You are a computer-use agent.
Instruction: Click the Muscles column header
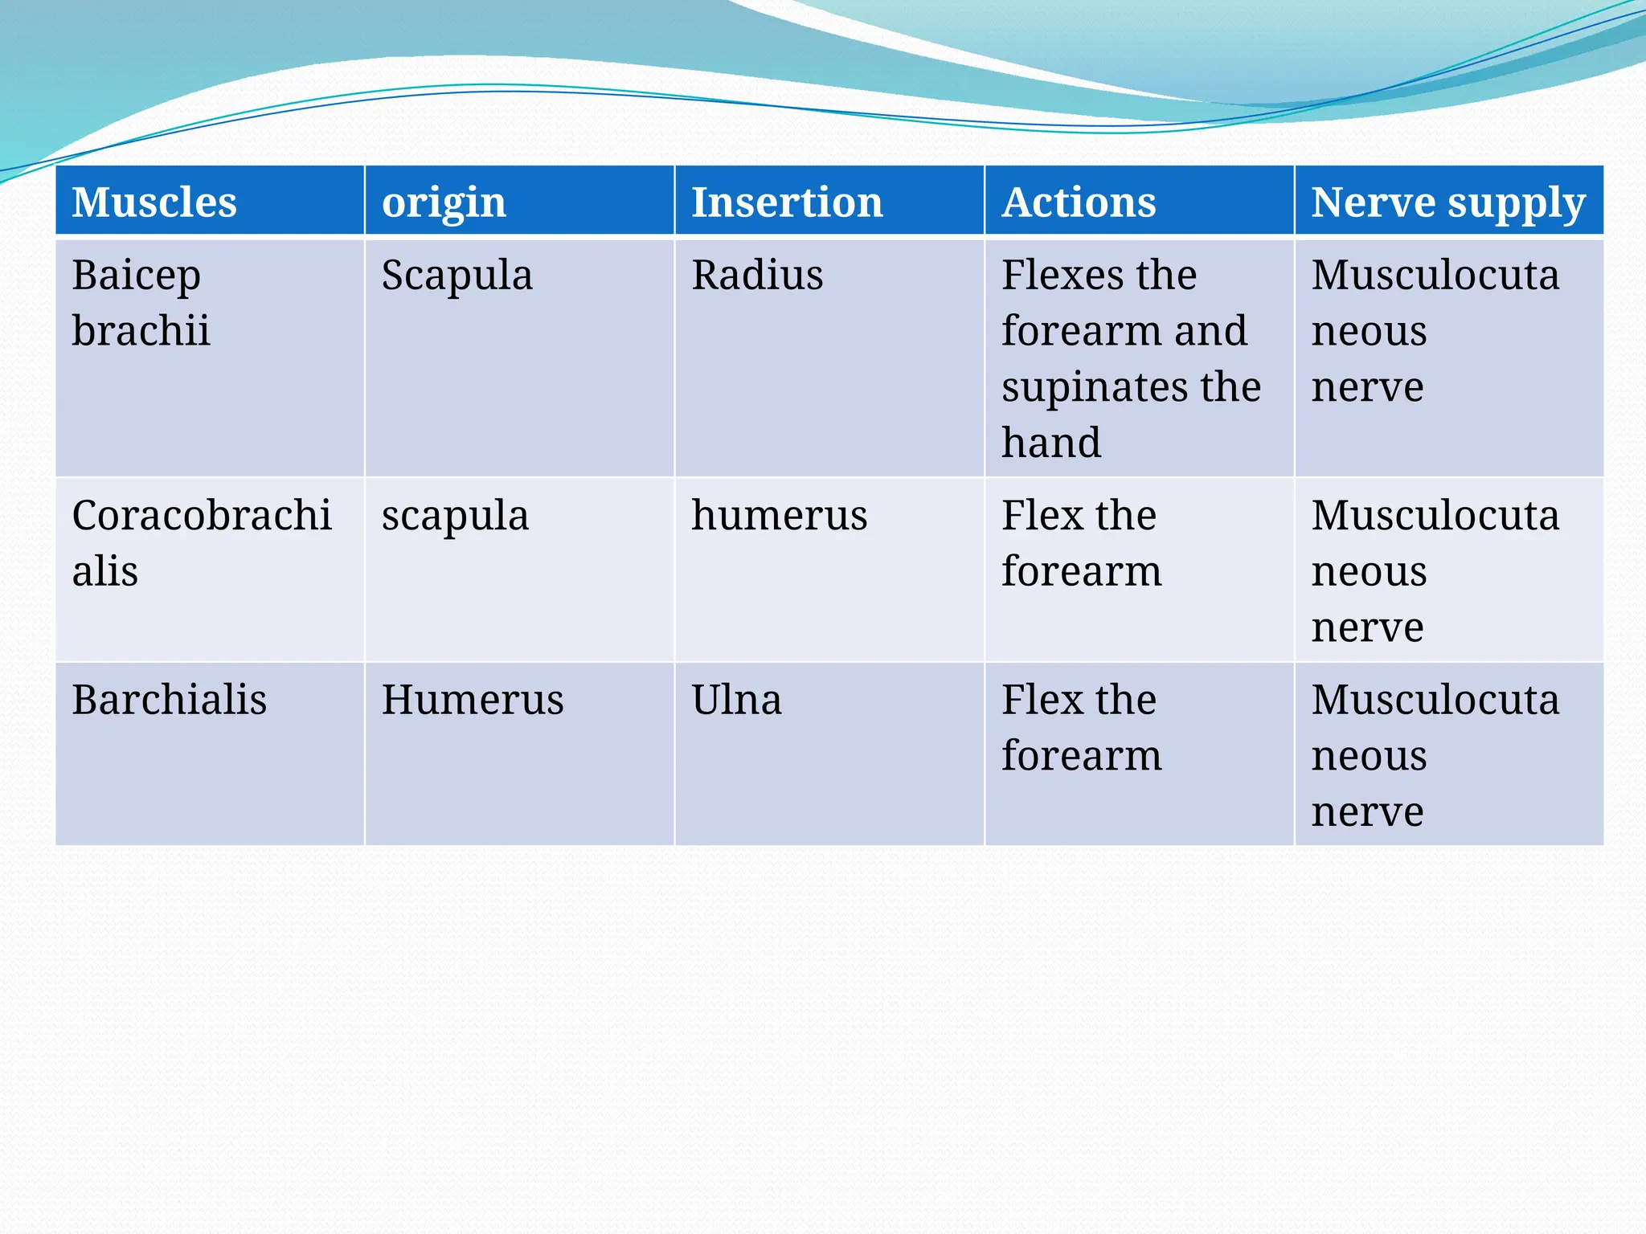click(154, 202)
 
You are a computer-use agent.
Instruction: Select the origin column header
click(444, 202)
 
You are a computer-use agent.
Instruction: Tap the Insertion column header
click(787, 202)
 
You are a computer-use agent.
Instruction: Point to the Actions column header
click(1079, 202)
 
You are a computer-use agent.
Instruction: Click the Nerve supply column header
click(1448, 202)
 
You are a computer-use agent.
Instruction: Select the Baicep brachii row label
click(141, 302)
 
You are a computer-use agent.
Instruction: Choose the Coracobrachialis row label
click(201, 542)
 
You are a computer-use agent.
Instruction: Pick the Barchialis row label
click(169, 699)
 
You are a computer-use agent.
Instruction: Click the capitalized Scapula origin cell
click(457, 276)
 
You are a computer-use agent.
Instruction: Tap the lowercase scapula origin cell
click(455, 516)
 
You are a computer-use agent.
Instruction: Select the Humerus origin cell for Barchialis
click(473, 699)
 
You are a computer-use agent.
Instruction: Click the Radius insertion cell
click(757, 276)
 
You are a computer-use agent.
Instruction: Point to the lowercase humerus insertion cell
click(779, 516)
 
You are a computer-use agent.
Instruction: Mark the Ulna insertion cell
click(736, 699)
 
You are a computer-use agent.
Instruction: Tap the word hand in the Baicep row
click(1051, 443)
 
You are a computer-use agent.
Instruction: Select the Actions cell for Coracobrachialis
click(1081, 543)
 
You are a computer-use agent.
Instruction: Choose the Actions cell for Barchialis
click(1081, 727)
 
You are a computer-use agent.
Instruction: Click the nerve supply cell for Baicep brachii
click(1435, 330)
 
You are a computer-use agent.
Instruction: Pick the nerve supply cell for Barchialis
click(1435, 754)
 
